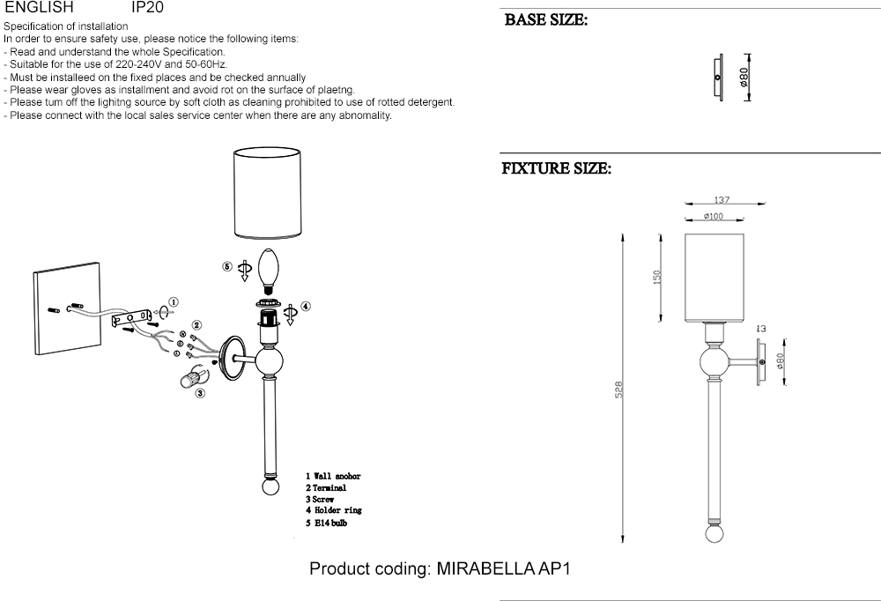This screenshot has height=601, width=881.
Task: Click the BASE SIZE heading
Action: (545, 19)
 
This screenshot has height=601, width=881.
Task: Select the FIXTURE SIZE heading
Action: (556, 168)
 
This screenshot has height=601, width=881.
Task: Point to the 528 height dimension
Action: (619, 389)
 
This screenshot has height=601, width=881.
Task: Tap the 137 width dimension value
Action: (722, 201)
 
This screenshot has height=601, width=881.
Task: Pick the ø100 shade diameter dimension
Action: (714, 216)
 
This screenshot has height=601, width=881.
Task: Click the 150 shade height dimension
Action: (656, 277)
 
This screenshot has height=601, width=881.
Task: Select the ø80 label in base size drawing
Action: (745, 77)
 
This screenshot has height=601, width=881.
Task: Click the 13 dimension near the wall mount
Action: (761, 330)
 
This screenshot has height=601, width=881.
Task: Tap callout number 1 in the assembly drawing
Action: (174, 301)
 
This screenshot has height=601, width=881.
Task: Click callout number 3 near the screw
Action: (200, 394)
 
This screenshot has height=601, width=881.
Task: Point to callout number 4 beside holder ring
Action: (305, 307)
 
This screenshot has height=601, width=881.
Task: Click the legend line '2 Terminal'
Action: (326, 487)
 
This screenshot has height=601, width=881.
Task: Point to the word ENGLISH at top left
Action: (39, 6)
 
